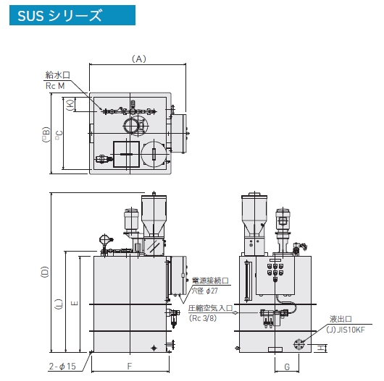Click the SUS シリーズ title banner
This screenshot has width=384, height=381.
pyautogui.click(x=72, y=15)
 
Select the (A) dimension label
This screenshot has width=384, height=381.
pyautogui.click(x=139, y=59)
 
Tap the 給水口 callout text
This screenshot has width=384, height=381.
pyautogui.click(x=58, y=74)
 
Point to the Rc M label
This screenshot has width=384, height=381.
pyautogui.click(x=55, y=86)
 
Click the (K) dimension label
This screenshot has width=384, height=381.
pyautogui.click(x=70, y=105)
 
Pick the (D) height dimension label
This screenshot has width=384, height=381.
pyautogui.click(x=45, y=272)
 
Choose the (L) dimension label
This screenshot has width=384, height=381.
pyautogui.click(x=59, y=304)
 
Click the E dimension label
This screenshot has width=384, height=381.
pyautogui.click(x=75, y=304)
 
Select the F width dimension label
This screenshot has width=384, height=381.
pyautogui.click(x=130, y=366)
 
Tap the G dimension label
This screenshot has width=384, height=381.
pyautogui.click(x=287, y=367)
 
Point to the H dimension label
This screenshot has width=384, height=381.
pyautogui.click(x=320, y=348)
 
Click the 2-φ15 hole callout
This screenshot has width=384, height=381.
pyautogui.click(x=62, y=366)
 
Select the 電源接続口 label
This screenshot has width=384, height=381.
pyautogui.click(x=210, y=281)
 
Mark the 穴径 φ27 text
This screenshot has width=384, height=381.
pyautogui.click(x=205, y=291)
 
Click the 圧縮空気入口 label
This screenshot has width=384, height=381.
pyautogui.click(x=210, y=308)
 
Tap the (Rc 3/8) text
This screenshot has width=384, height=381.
pyautogui.click(x=203, y=318)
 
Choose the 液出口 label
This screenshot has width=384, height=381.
pyautogui.click(x=341, y=319)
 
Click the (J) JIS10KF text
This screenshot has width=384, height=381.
pyautogui.click(x=346, y=330)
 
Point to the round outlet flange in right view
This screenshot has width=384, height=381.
pyautogui.click(x=299, y=345)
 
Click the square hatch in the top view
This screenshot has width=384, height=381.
pyautogui.click(x=126, y=154)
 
